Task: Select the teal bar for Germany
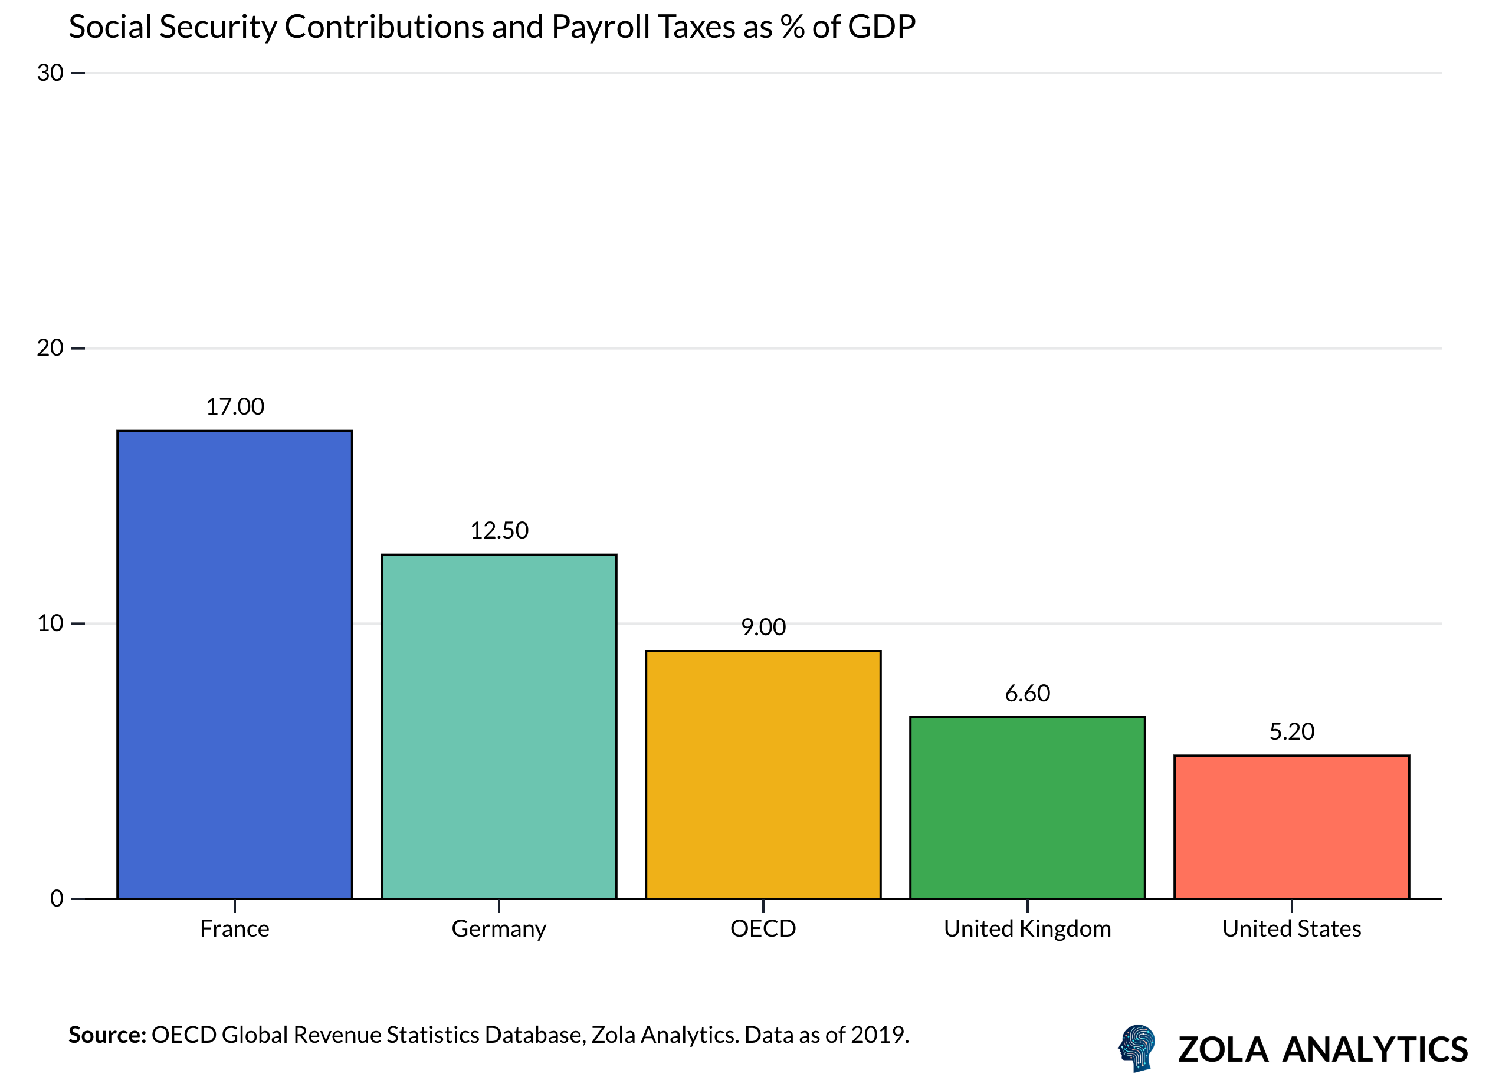pyautogui.click(x=499, y=727)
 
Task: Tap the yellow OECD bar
pyautogui.click(x=763, y=774)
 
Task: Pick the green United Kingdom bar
pyautogui.click(x=1027, y=807)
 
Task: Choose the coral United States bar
pyautogui.click(x=1291, y=827)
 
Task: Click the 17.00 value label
pyautogui.click(x=234, y=406)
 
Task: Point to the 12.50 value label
pyautogui.click(x=499, y=530)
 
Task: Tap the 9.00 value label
pyautogui.click(x=763, y=627)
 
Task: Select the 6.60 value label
pyautogui.click(x=1027, y=693)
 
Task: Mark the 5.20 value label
pyautogui.click(x=1291, y=731)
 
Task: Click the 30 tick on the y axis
pyautogui.click(x=50, y=73)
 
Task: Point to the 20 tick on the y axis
pyautogui.click(x=50, y=348)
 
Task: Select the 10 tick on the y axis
pyautogui.click(x=50, y=623)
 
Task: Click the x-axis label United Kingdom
pyautogui.click(x=1027, y=928)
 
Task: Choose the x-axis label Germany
pyautogui.click(x=499, y=928)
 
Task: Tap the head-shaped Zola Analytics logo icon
pyautogui.click(x=1137, y=1048)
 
